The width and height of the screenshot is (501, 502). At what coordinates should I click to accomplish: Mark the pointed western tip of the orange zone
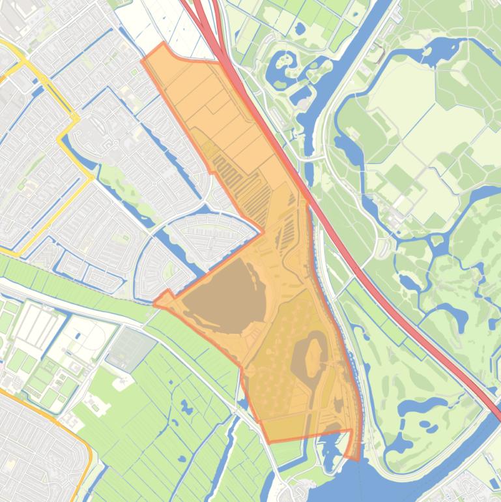(154, 303)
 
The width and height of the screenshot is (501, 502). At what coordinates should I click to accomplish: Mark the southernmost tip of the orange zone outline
(357, 460)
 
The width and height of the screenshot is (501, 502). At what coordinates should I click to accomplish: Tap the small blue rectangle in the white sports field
(78, 336)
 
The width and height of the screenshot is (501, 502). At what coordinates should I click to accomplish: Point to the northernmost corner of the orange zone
(163, 44)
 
